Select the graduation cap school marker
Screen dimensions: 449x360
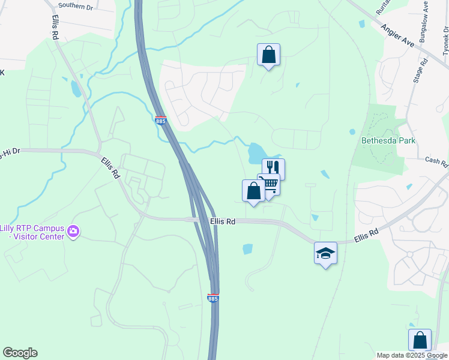pyautogui.click(x=325, y=253)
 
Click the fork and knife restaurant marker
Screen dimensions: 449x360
pyautogui.click(x=273, y=168)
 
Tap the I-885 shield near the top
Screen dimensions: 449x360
pyautogui.click(x=160, y=121)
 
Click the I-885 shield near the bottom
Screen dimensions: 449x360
pyautogui.click(x=212, y=298)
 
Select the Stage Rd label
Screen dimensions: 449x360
pyautogui.click(x=421, y=70)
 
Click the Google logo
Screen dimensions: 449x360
pyautogui.click(x=20, y=353)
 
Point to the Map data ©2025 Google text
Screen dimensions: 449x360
pyautogui.click(x=412, y=355)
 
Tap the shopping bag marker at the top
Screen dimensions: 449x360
pyautogui.click(x=268, y=55)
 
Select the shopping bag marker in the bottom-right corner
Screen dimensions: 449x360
pyautogui.click(x=420, y=340)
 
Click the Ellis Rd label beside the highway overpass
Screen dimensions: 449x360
pyautogui.click(x=222, y=221)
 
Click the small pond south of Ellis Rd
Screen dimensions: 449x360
pyautogui.click(x=248, y=248)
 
